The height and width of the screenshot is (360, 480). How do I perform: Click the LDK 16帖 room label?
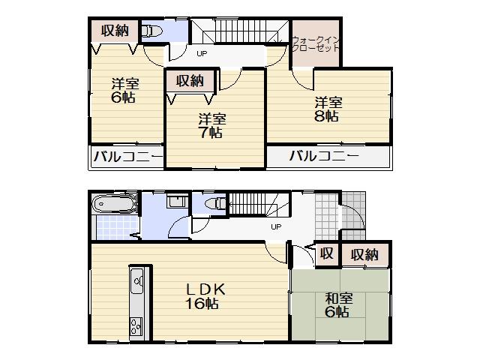(202, 296)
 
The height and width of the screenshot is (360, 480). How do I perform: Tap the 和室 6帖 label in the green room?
(336, 305)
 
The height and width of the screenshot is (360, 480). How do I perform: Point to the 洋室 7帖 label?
(211, 125)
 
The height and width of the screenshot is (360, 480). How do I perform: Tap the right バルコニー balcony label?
(323, 157)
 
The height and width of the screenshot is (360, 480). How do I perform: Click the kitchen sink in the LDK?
(138, 283)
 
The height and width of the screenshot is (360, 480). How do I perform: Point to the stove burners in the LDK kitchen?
(138, 325)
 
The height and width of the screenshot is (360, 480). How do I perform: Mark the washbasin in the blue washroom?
(177, 202)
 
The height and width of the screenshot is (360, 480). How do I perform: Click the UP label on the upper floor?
(202, 54)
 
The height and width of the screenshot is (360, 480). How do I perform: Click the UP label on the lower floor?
(275, 226)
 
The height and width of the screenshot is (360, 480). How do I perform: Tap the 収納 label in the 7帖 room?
(190, 79)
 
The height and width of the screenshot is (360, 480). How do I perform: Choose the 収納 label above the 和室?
(365, 254)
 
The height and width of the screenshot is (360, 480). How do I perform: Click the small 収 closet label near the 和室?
(327, 254)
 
